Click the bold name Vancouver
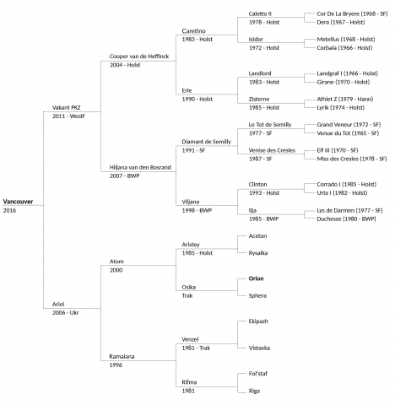[18, 202]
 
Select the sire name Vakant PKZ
[67, 107]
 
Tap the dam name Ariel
[58, 304]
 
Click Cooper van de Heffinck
[139, 57]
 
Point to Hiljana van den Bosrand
[140, 167]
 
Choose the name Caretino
[194, 31]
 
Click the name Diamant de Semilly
[207, 142]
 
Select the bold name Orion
[256, 278]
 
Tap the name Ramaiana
[122, 356]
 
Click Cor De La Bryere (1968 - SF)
[352, 13]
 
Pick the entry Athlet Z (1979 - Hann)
[345, 99]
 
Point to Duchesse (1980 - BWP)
[346, 219]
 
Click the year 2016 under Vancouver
[9, 210]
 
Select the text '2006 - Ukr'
[66, 313]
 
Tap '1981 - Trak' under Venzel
[196, 348]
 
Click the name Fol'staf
[258, 374]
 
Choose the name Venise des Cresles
[272, 150]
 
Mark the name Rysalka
[258, 253]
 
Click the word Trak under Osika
[187, 295]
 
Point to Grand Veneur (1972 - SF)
[349, 125]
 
